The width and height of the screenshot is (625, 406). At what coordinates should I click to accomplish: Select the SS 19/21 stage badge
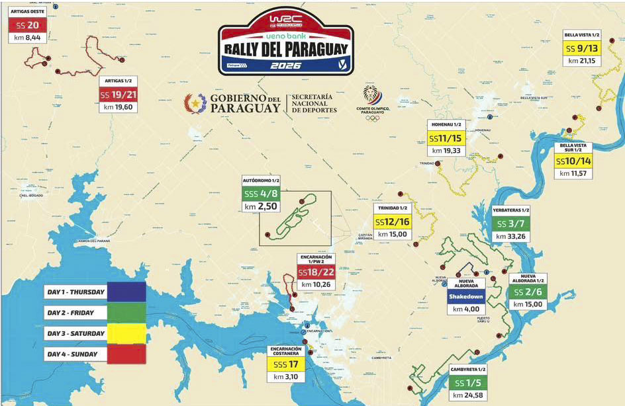click(118, 95)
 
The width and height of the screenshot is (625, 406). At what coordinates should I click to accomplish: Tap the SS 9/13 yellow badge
click(582, 48)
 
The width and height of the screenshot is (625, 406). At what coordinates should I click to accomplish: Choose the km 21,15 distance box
click(582, 61)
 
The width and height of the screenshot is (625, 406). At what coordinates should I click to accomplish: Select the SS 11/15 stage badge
click(447, 138)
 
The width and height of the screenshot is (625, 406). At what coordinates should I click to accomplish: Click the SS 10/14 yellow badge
click(574, 161)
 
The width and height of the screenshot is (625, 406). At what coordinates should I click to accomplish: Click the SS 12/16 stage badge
click(393, 222)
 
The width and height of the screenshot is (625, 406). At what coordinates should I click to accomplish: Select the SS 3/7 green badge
click(510, 223)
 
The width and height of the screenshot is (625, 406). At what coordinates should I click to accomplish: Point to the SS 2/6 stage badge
click(528, 292)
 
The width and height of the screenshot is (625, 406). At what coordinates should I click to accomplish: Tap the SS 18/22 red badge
click(316, 272)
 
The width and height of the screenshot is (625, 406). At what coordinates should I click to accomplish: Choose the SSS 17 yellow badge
click(286, 364)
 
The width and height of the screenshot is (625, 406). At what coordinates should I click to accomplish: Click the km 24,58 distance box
click(467, 395)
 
